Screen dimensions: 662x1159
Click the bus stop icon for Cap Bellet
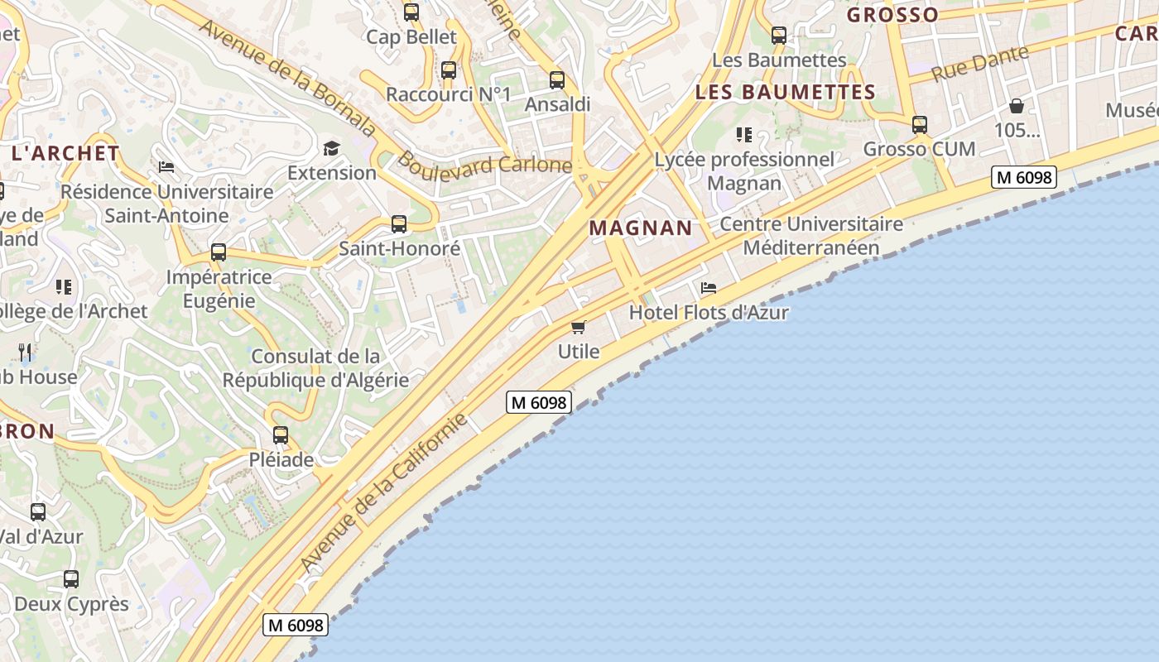(411, 12)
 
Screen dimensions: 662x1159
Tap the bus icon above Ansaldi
(557, 80)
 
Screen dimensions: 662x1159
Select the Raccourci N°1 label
(449, 94)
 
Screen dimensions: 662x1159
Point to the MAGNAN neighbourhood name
(640, 228)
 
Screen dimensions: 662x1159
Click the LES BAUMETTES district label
(785, 92)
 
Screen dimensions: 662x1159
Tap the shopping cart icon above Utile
(579, 327)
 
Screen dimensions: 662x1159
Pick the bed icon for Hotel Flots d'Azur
(709, 288)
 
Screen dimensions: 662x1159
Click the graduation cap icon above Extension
(331, 148)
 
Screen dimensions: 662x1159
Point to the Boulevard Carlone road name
(484, 163)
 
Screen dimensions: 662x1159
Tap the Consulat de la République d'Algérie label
(315, 368)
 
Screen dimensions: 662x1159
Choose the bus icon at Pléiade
(281, 435)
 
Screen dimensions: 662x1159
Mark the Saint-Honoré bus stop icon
(399, 224)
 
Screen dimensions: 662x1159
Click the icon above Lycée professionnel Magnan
(744, 134)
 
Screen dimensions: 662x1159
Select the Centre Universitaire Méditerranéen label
(811, 236)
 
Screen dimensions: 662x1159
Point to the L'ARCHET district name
(65, 153)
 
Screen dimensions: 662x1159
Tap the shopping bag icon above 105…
(1016, 106)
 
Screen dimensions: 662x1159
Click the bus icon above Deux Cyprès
(71, 579)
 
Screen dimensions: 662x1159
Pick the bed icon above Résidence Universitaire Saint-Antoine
(166, 167)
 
